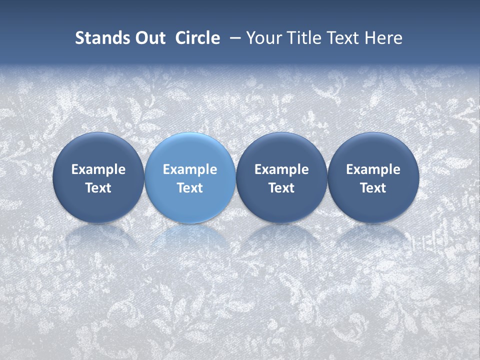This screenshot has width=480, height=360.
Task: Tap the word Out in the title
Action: (x=149, y=38)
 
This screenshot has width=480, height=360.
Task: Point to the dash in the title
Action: (x=233, y=38)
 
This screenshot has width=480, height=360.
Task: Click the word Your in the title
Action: (x=261, y=38)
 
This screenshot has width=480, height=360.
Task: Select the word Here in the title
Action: (x=383, y=38)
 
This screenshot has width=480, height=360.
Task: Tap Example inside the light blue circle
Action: (x=190, y=169)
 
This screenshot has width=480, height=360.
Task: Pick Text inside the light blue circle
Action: (x=190, y=188)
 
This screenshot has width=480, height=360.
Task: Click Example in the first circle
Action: (x=98, y=169)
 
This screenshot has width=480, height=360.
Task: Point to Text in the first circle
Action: (x=98, y=188)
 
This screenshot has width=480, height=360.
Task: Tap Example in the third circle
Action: (x=281, y=169)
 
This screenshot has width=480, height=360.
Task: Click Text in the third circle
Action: (x=281, y=188)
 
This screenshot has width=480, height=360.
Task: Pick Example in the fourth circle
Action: (x=373, y=169)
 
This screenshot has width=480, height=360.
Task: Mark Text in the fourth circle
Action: (x=373, y=188)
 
